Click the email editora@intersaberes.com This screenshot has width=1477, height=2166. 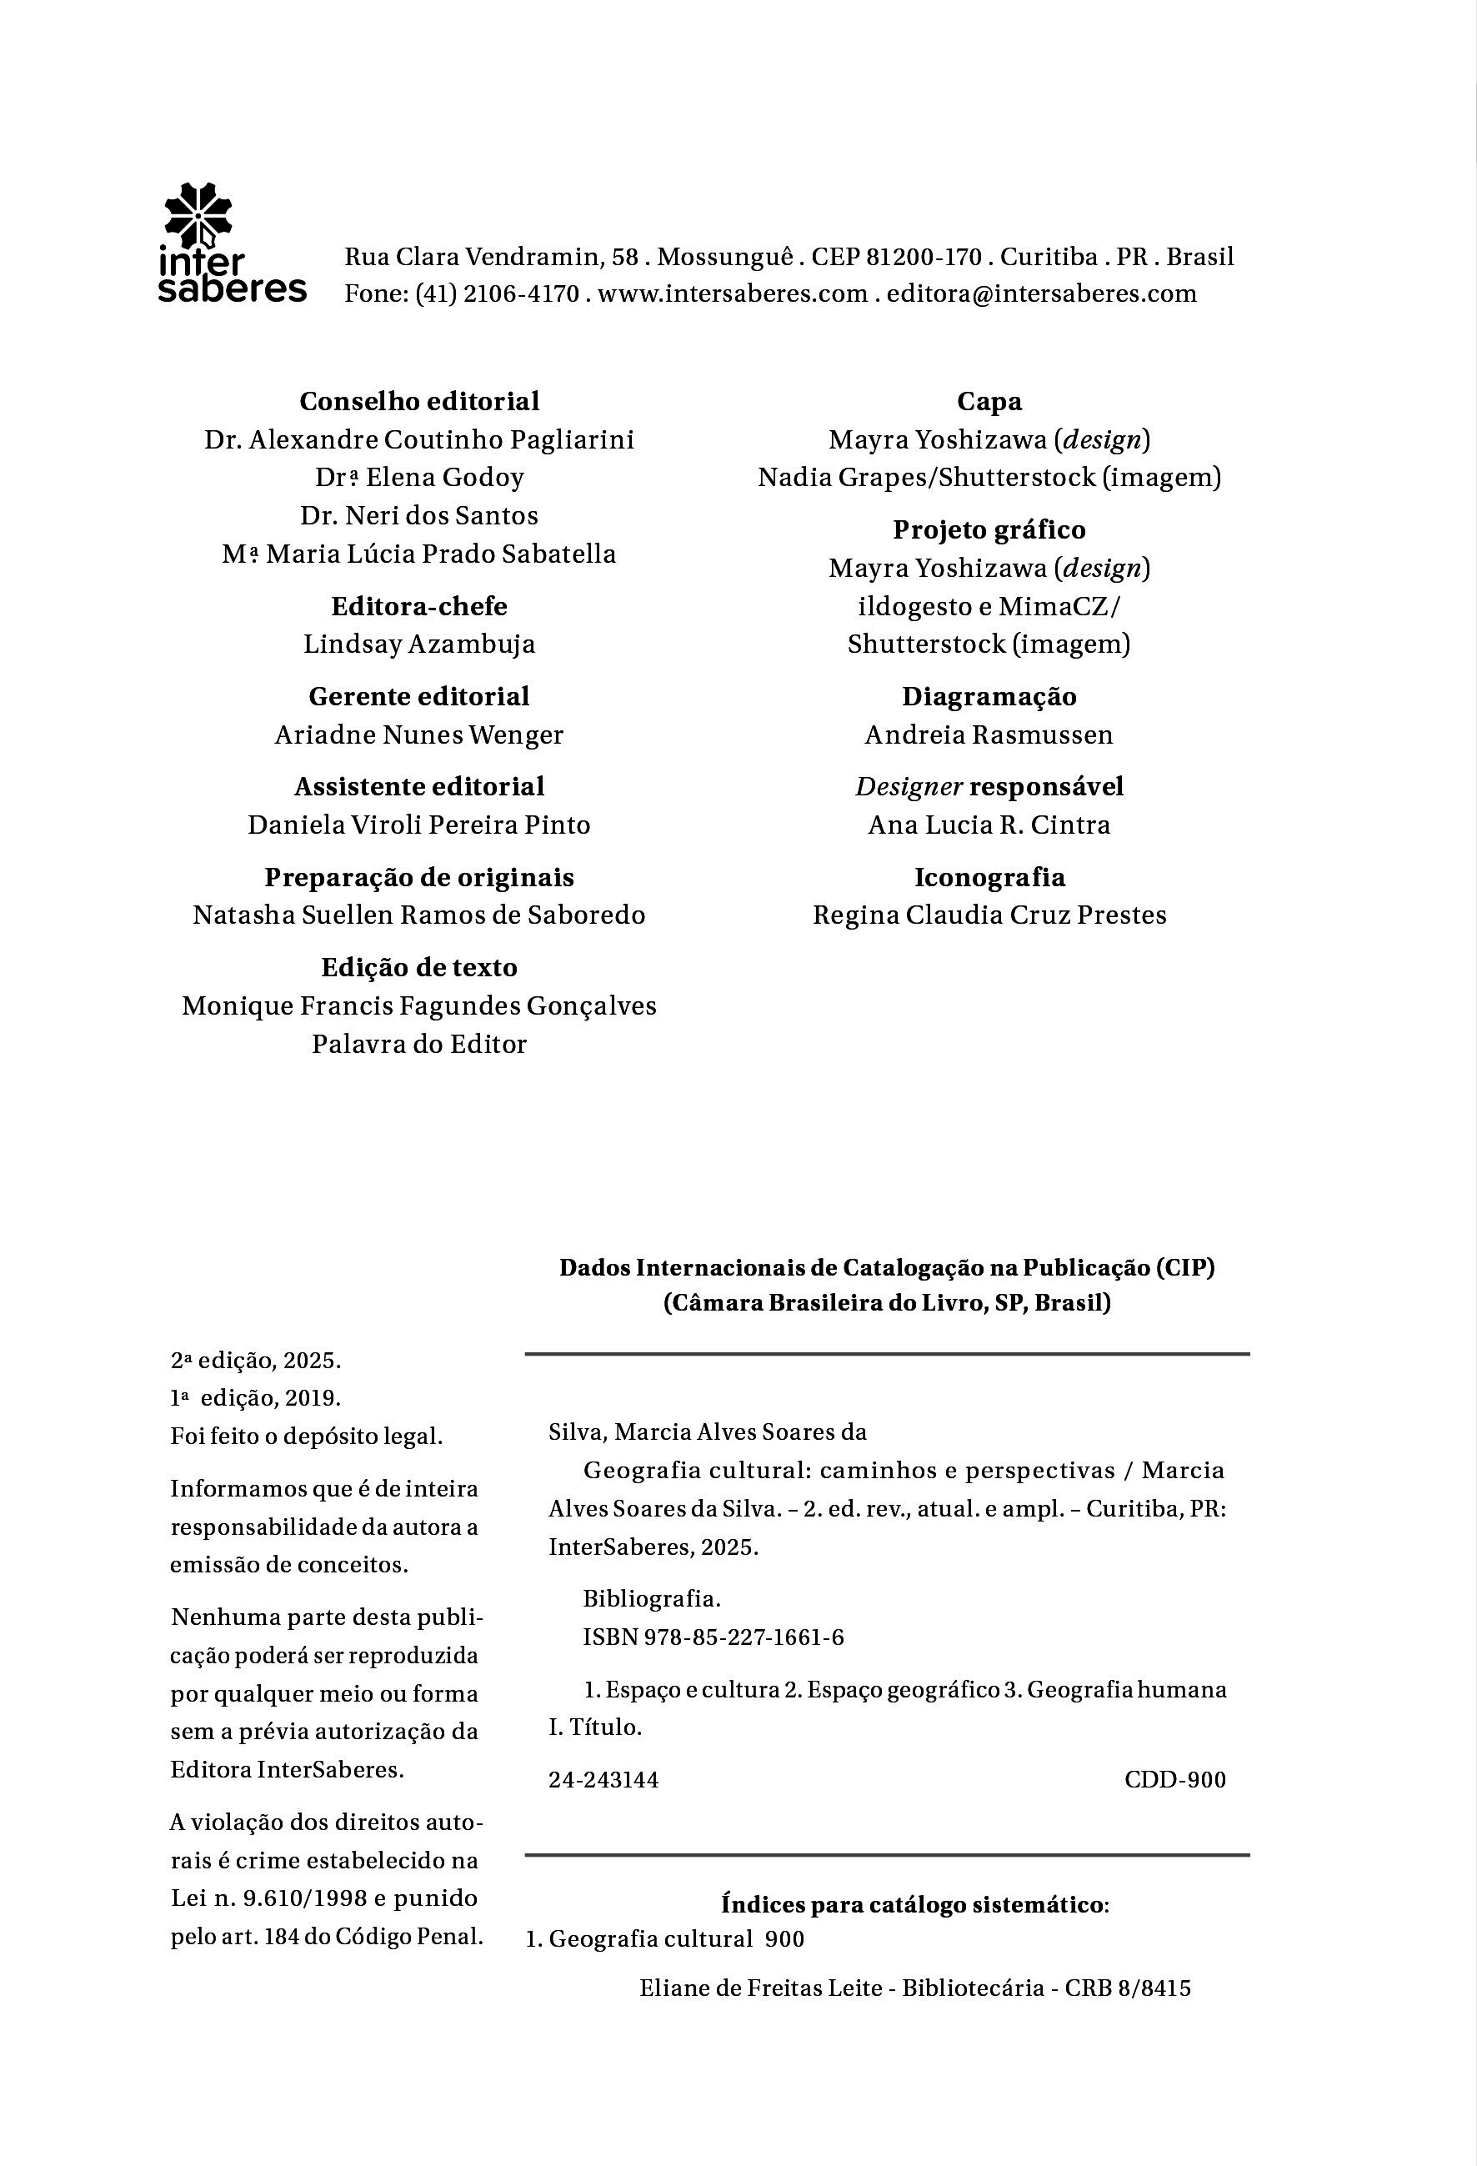[x=1041, y=293]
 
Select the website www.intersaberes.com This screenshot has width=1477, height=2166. [x=733, y=293]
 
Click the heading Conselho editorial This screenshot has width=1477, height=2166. [x=419, y=402]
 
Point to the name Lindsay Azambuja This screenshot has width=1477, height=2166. [x=419, y=644]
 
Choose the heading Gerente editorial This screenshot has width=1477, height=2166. [x=419, y=696]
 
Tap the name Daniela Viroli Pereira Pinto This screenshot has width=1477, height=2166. [x=419, y=825]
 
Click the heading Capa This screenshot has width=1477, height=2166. [x=989, y=402]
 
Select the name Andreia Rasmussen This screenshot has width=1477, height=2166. [x=989, y=735]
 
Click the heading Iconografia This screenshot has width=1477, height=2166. [x=989, y=877]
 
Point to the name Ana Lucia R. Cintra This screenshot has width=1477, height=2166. [x=989, y=825]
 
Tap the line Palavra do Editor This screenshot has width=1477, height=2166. [x=419, y=1044]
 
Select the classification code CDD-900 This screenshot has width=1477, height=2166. [x=1175, y=1780]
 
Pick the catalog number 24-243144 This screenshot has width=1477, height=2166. [x=603, y=1780]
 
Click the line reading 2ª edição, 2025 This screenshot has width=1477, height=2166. [x=255, y=1361]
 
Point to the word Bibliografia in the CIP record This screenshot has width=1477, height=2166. [x=651, y=1599]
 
